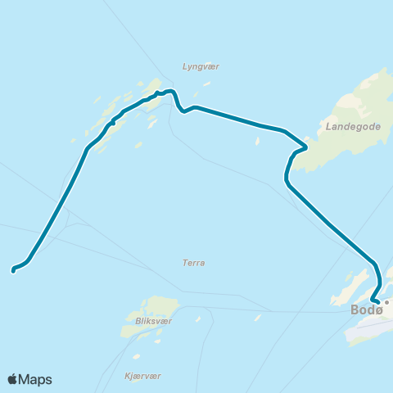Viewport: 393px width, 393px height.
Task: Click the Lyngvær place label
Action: coord(201,66)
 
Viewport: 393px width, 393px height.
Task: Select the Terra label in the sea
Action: coord(194,263)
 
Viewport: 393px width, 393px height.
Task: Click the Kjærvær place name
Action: coord(142,375)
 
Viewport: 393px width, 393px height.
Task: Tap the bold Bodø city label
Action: coord(366,309)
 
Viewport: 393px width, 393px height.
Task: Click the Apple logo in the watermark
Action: coord(13,379)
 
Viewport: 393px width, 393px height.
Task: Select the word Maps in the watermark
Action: coord(37,379)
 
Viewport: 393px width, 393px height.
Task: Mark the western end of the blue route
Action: coord(13,269)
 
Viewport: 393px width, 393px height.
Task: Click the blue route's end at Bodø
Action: coord(377,302)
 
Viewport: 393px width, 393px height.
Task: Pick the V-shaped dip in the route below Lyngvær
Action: coord(183,111)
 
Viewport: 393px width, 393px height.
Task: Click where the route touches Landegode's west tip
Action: coord(305,147)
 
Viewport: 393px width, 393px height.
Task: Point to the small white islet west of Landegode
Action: coord(257,141)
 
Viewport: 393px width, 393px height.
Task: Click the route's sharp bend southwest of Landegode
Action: coord(287,181)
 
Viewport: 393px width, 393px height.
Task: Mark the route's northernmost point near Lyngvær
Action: coord(169,91)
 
